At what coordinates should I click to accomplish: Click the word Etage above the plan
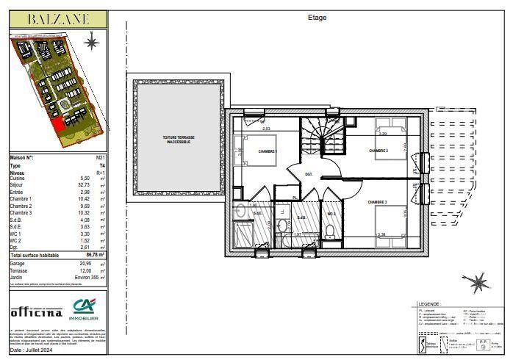(x=317, y=18)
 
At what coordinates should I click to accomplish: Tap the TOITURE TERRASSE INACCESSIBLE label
(x=176, y=140)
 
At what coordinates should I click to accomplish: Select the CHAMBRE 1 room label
(x=268, y=151)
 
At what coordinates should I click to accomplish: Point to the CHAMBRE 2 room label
(x=378, y=150)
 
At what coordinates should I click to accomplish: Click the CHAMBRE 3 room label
(x=378, y=202)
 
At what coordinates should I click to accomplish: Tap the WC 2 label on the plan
(x=331, y=214)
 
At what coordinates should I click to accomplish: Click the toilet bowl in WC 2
(x=330, y=232)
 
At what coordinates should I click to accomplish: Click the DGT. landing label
(x=309, y=174)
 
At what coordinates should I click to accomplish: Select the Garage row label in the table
(x=17, y=262)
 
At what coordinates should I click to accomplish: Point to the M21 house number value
(x=100, y=158)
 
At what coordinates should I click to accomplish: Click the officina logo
(x=36, y=312)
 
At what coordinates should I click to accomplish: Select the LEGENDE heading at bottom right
(x=429, y=303)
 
